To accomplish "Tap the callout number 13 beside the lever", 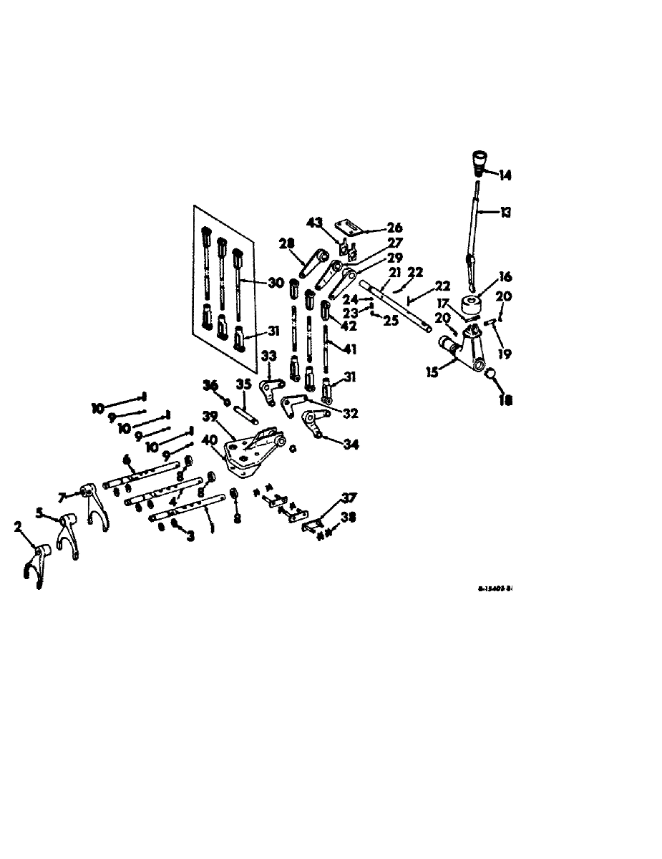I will click(507, 213).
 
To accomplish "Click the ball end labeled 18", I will click(492, 374).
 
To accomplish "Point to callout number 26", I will click(394, 229).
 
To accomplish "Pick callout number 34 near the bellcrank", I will click(349, 445).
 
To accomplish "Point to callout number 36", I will click(209, 385).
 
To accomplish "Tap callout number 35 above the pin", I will click(243, 384).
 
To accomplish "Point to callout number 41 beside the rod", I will click(349, 349).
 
